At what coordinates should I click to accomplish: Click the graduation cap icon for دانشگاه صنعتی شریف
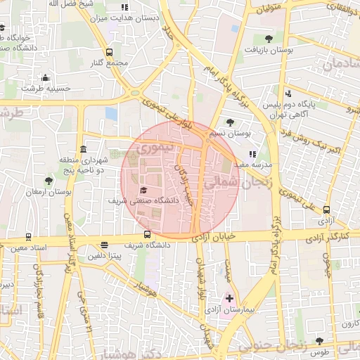click(x=143, y=191)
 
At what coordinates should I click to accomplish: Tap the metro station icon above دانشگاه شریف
click(x=146, y=234)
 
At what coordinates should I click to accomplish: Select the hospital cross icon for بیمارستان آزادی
click(x=229, y=298)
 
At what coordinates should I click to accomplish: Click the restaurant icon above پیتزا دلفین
click(x=105, y=245)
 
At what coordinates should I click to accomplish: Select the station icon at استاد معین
click(x=28, y=237)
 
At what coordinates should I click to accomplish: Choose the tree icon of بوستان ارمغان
click(x=48, y=181)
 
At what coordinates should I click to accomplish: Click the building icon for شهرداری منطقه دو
click(x=84, y=150)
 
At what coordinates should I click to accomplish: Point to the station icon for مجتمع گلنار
click(x=108, y=52)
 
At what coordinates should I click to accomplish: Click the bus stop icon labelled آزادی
click(x=326, y=209)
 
